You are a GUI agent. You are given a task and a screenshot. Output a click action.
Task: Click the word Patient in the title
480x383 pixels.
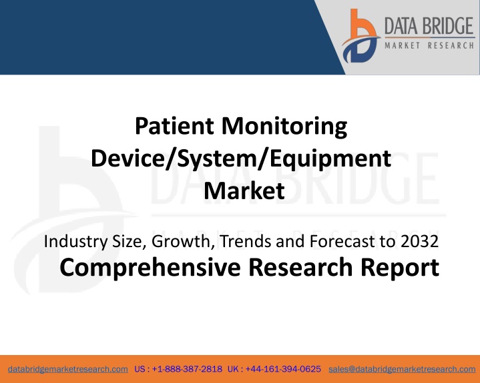pyautogui.click(x=174, y=125)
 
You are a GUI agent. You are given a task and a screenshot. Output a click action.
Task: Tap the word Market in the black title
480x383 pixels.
pyautogui.click(x=244, y=191)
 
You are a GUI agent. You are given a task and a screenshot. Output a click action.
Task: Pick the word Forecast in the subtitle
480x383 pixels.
pyautogui.click(x=342, y=241)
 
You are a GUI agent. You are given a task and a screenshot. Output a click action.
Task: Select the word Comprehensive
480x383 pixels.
pyautogui.click(x=150, y=268)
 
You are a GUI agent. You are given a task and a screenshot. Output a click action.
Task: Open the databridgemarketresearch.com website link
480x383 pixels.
pyautogui.click(x=68, y=369)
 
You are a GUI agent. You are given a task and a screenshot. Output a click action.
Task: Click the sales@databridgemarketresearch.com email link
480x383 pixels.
pyautogui.click(x=402, y=369)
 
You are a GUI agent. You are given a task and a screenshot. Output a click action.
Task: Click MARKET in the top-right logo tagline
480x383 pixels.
pyautogui.click(x=403, y=45)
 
